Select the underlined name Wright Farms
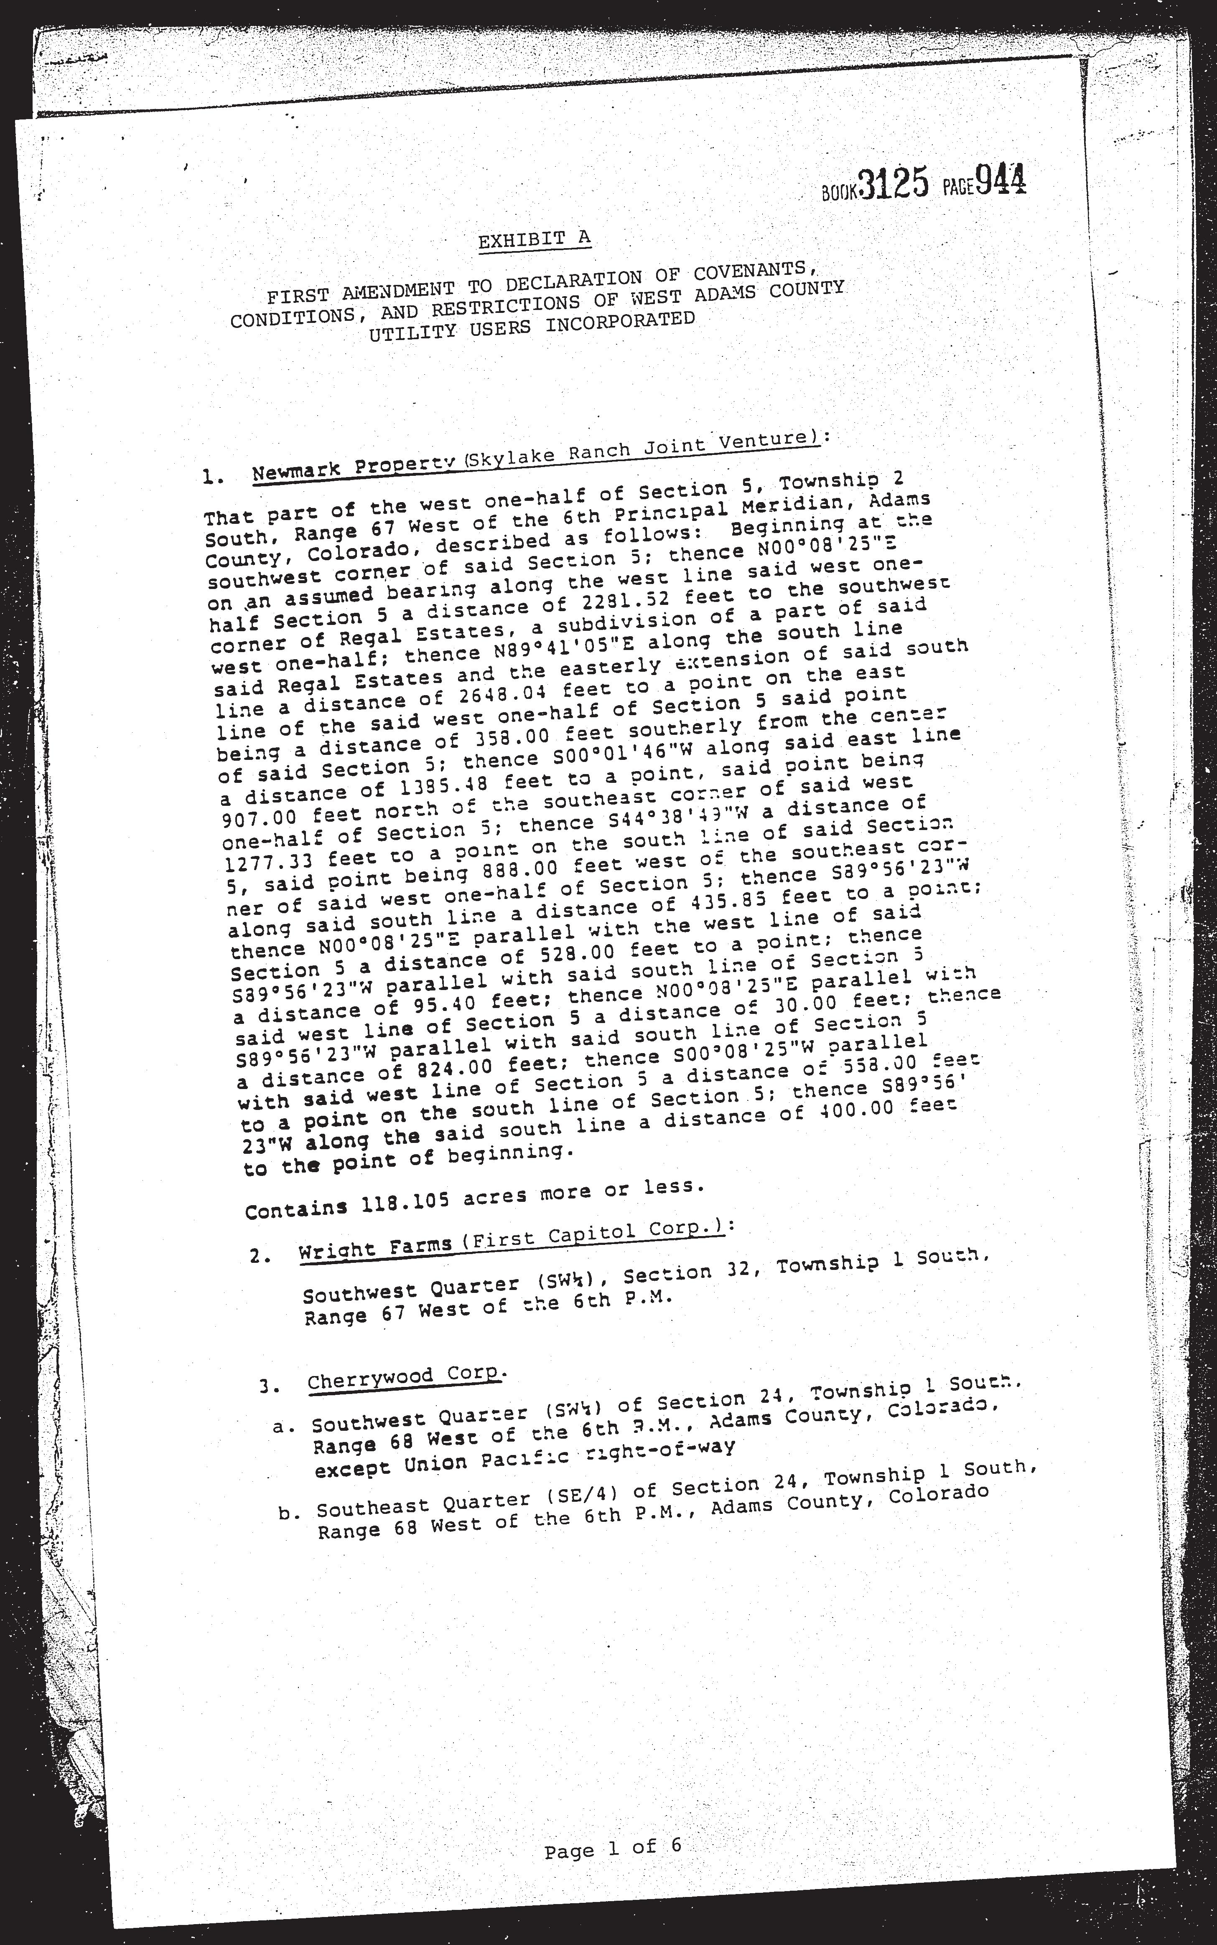click(x=375, y=1248)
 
